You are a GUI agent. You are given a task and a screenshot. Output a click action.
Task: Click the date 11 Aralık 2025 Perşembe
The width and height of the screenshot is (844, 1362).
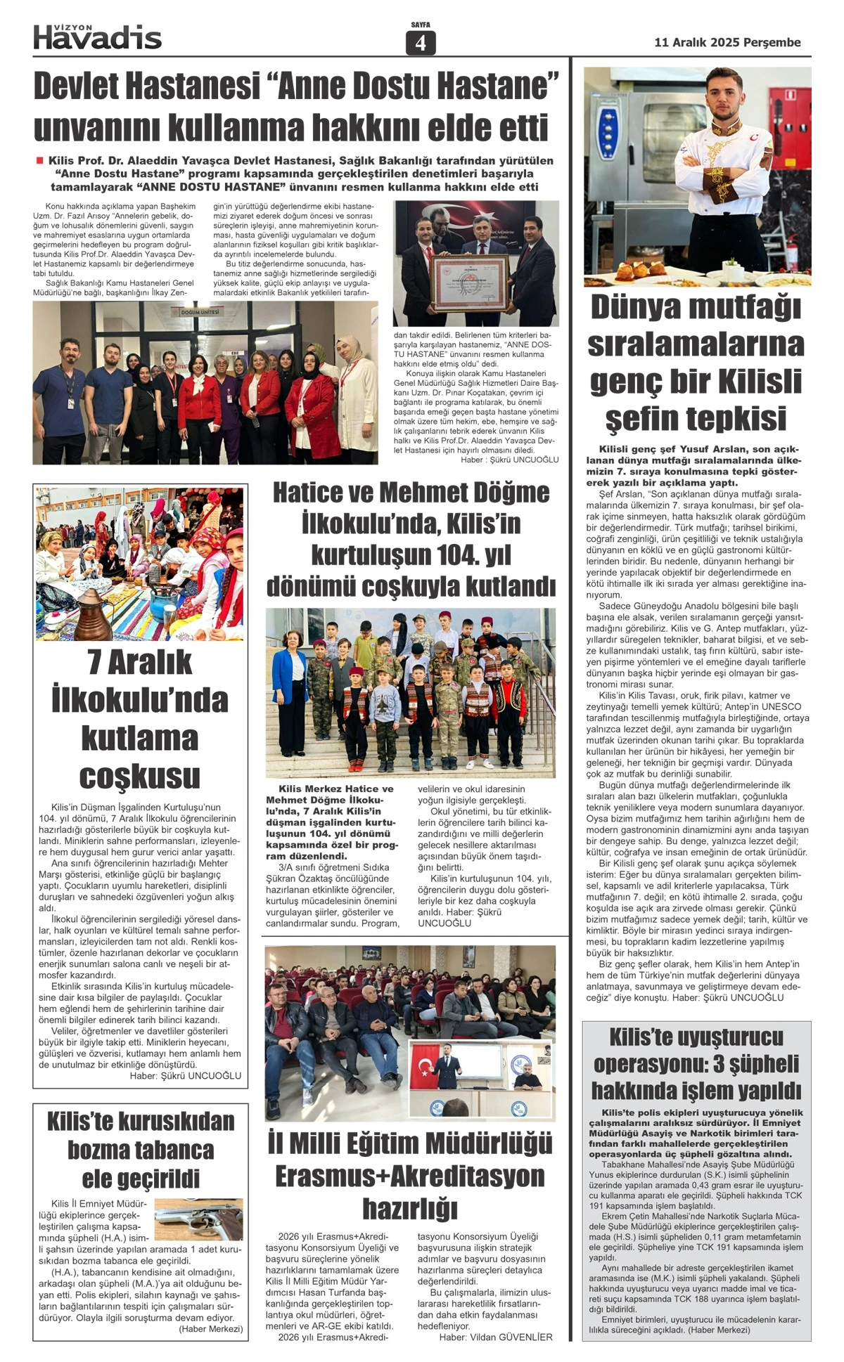(x=727, y=42)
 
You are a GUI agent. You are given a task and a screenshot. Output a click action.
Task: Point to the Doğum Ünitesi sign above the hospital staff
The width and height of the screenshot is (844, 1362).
(x=200, y=312)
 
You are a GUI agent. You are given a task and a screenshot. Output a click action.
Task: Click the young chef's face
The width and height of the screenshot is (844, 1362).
(x=727, y=97)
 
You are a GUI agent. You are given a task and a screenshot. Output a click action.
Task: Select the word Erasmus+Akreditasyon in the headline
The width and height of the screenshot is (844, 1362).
(x=409, y=1176)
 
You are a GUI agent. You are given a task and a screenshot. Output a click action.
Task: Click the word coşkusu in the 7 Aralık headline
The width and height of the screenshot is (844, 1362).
(x=139, y=777)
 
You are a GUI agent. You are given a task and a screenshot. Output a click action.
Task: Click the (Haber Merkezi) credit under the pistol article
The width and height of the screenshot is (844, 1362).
(x=210, y=1329)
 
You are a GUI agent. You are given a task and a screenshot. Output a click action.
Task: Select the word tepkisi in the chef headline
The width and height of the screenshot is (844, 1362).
(x=696, y=419)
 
